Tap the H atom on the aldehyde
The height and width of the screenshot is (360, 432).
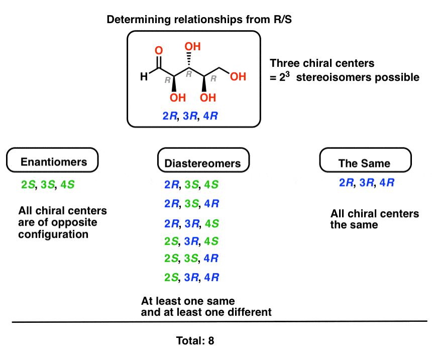144,77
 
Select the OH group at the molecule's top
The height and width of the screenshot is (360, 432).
192,47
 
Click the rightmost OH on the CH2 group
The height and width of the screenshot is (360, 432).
239,77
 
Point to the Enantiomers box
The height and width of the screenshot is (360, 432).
53,161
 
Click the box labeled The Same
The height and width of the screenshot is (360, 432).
366,162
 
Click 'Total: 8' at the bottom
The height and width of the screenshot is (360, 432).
195,341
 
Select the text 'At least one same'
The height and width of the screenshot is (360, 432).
188,301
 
